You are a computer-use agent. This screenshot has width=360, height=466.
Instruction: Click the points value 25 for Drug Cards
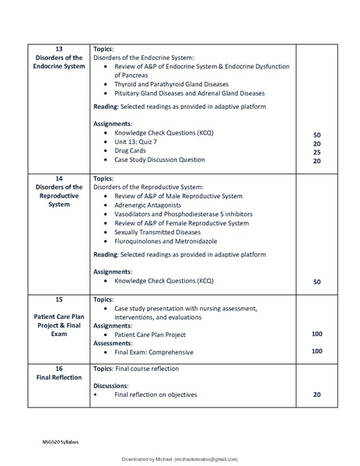[317, 152]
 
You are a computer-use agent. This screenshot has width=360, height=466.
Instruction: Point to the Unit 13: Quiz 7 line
[142, 143]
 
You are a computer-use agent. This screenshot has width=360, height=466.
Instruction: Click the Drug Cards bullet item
[133, 152]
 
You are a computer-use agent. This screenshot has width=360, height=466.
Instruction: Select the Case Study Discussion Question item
[159, 160]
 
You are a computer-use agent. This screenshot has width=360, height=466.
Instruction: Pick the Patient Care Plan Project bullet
[161, 335]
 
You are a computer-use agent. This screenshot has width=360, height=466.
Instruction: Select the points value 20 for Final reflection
[317, 394]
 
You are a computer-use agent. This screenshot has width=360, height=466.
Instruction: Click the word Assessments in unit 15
[114, 343]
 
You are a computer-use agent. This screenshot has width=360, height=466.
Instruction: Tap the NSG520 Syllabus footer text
[61, 442]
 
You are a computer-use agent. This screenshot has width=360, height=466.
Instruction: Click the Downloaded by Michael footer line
[180, 460]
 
